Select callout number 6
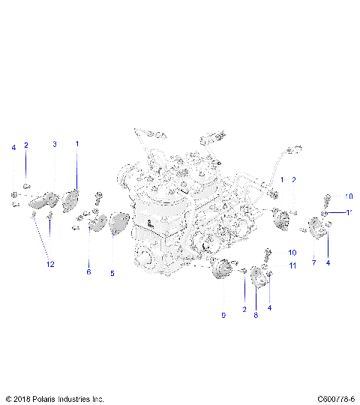(x=88, y=271)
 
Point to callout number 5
(x=112, y=274)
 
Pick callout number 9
(x=223, y=316)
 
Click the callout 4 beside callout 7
(x=328, y=262)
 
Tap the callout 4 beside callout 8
(x=269, y=307)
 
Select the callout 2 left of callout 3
(x=26, y=145)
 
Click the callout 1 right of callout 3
(x=76, y=142)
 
